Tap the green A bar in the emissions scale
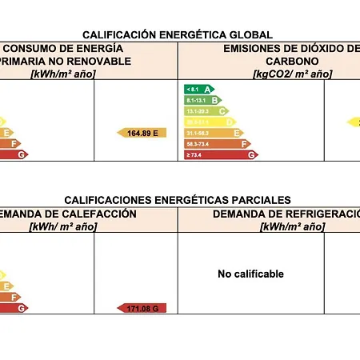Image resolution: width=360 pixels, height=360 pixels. click(199, 88)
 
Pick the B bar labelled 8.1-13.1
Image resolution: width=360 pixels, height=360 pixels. click(203, 100)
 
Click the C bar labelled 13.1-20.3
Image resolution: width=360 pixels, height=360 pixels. click(207, 111)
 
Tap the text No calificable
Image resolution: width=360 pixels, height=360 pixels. click(250, 274)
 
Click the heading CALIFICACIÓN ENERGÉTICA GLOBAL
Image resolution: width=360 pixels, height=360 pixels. click(178, 34)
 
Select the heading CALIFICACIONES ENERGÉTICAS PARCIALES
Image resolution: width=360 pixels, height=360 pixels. click(178, 200)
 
